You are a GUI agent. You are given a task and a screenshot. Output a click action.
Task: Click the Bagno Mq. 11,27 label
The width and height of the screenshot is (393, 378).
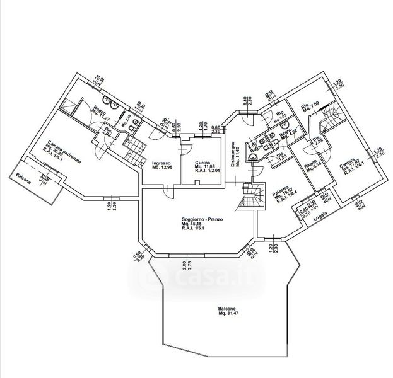coord(97,112)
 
